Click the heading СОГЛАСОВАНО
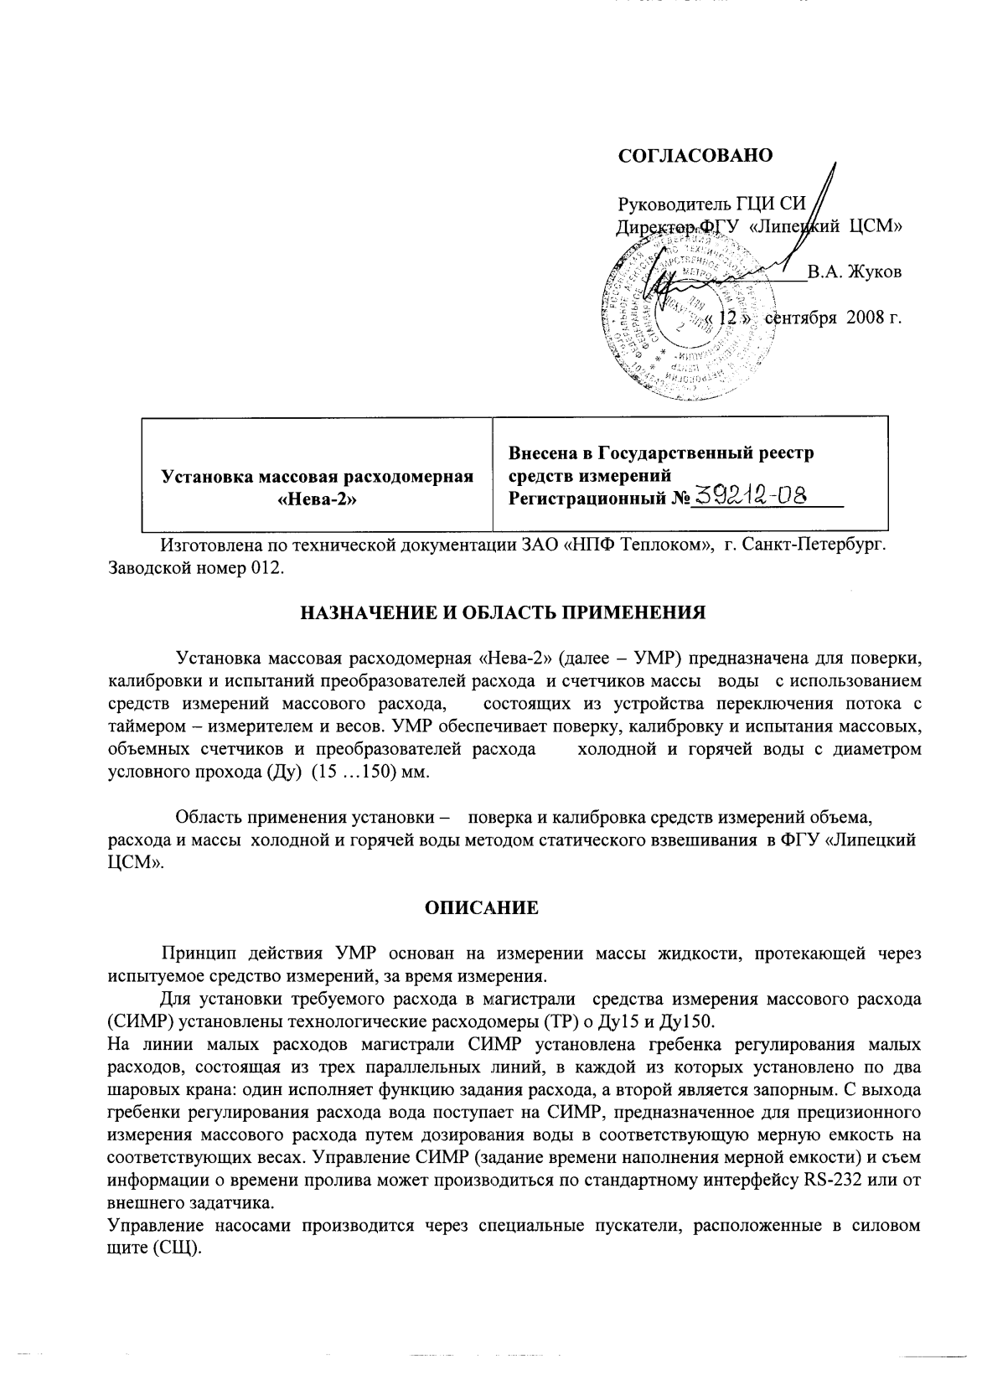click(695, 156)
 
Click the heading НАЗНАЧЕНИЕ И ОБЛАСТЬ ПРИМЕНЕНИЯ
click(503, 612)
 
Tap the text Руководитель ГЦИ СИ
click(711, 204)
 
